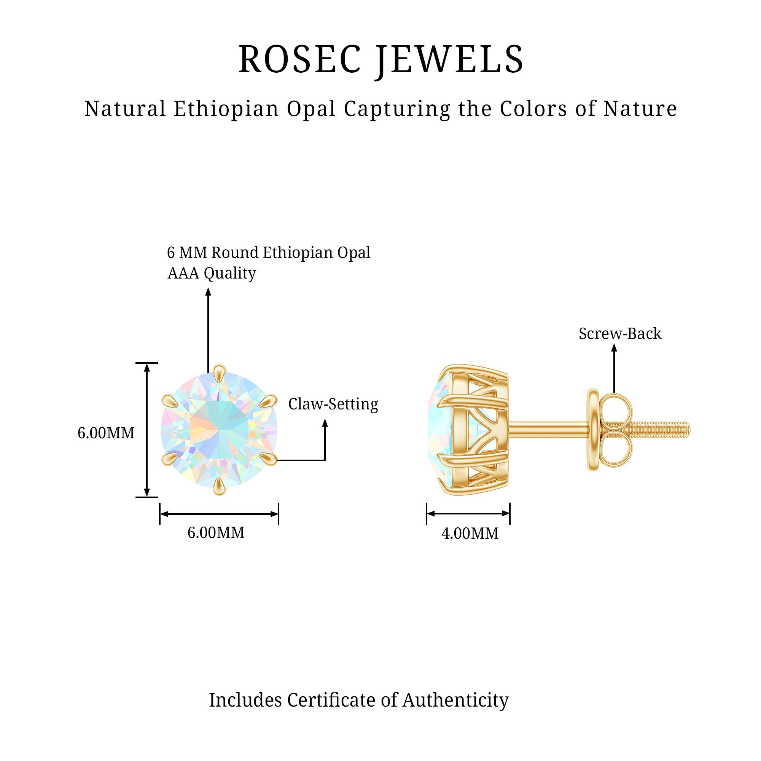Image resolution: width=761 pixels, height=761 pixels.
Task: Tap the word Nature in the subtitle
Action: [640, 109]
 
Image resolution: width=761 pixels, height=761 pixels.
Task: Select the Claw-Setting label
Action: [333, 404]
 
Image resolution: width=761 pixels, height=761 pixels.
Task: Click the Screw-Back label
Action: [620, 334]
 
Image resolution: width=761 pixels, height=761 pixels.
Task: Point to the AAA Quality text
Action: [212, 273]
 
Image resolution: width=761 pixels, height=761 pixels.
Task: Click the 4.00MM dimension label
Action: [470, 533]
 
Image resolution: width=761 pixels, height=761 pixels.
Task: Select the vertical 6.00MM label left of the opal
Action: [105, 433]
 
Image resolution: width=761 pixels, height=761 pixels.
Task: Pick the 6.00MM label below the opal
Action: [215, 533]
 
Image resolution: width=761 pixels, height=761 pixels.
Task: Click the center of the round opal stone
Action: [219, 430]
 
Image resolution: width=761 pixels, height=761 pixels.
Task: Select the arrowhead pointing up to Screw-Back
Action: [614, 348]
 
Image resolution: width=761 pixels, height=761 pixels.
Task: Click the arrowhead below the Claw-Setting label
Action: [325, 423]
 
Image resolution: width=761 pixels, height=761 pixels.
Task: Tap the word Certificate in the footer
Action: [331, 700]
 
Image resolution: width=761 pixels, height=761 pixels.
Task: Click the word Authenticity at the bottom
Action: [455, 700]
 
